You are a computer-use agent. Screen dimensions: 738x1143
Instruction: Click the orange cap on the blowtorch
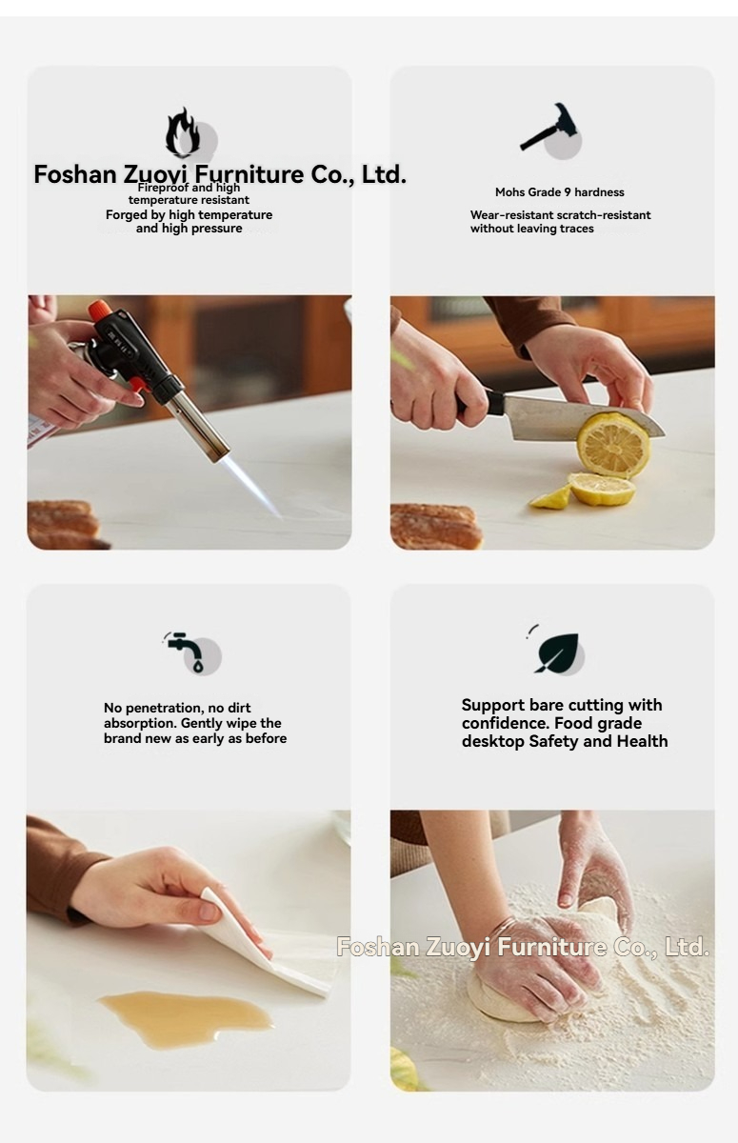pos(99,310)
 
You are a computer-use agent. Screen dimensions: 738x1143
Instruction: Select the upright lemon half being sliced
pos(613,445)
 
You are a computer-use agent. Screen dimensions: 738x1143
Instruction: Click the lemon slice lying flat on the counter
pos(602,489)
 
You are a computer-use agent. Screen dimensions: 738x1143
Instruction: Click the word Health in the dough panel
pos(642,741)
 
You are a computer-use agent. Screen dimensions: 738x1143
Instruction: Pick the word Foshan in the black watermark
pos(75,174)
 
